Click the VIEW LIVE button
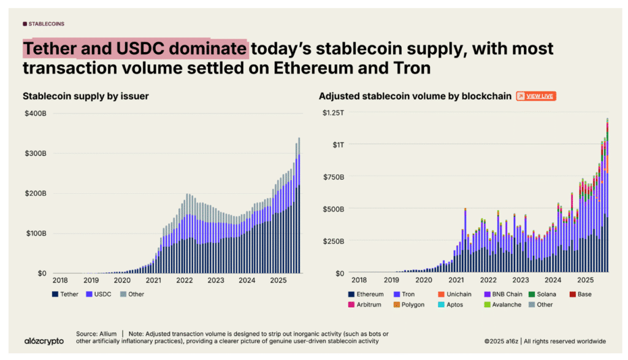coord(535,96)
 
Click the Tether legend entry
coord(65,294)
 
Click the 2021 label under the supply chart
coord(153,280)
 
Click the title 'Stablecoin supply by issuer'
coord(85,96)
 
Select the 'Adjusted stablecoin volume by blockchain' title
coord(415,96)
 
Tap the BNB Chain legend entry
coord(505,295)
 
